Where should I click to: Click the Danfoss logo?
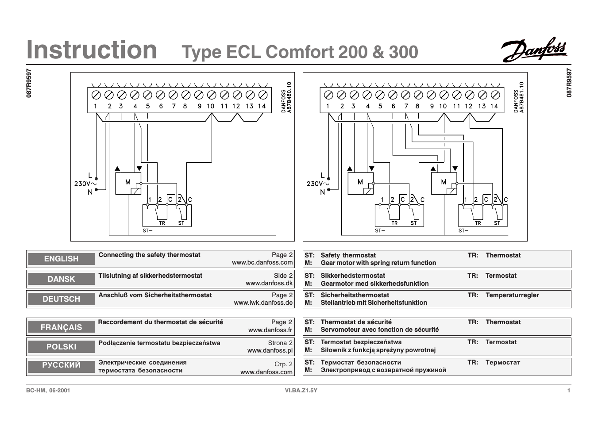click(x=533, y=50)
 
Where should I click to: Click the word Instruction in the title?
click(x=92, y=50)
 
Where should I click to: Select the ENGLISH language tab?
click(x=61, y=259)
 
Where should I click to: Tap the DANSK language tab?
click(x=61, y=279)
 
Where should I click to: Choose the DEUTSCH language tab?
click(x=61, y=299)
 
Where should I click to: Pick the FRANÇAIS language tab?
click(x=61, y=327)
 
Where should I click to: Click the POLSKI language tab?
click(x=61, y=347)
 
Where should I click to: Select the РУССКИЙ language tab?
click(x=61, y=365)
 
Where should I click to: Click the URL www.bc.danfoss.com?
click(x=262, y=262)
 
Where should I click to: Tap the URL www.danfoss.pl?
click(x=270, y=350)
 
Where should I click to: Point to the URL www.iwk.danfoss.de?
click(x=263, y=303)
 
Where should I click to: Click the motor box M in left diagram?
click(x=128, y=183)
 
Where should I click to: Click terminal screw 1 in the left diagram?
click(x=96, y=95)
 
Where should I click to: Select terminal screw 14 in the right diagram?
click(x=495, y=95)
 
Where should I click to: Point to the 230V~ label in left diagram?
click(x=85, y=184)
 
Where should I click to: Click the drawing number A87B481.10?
click(x=521, y=97)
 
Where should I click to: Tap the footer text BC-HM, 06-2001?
click(x=48, y=390)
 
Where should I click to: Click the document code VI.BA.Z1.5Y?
click(x=301, y=390)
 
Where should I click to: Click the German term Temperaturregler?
click(x=512, y=295)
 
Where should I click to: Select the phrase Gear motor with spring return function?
click(x=378, y=263)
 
